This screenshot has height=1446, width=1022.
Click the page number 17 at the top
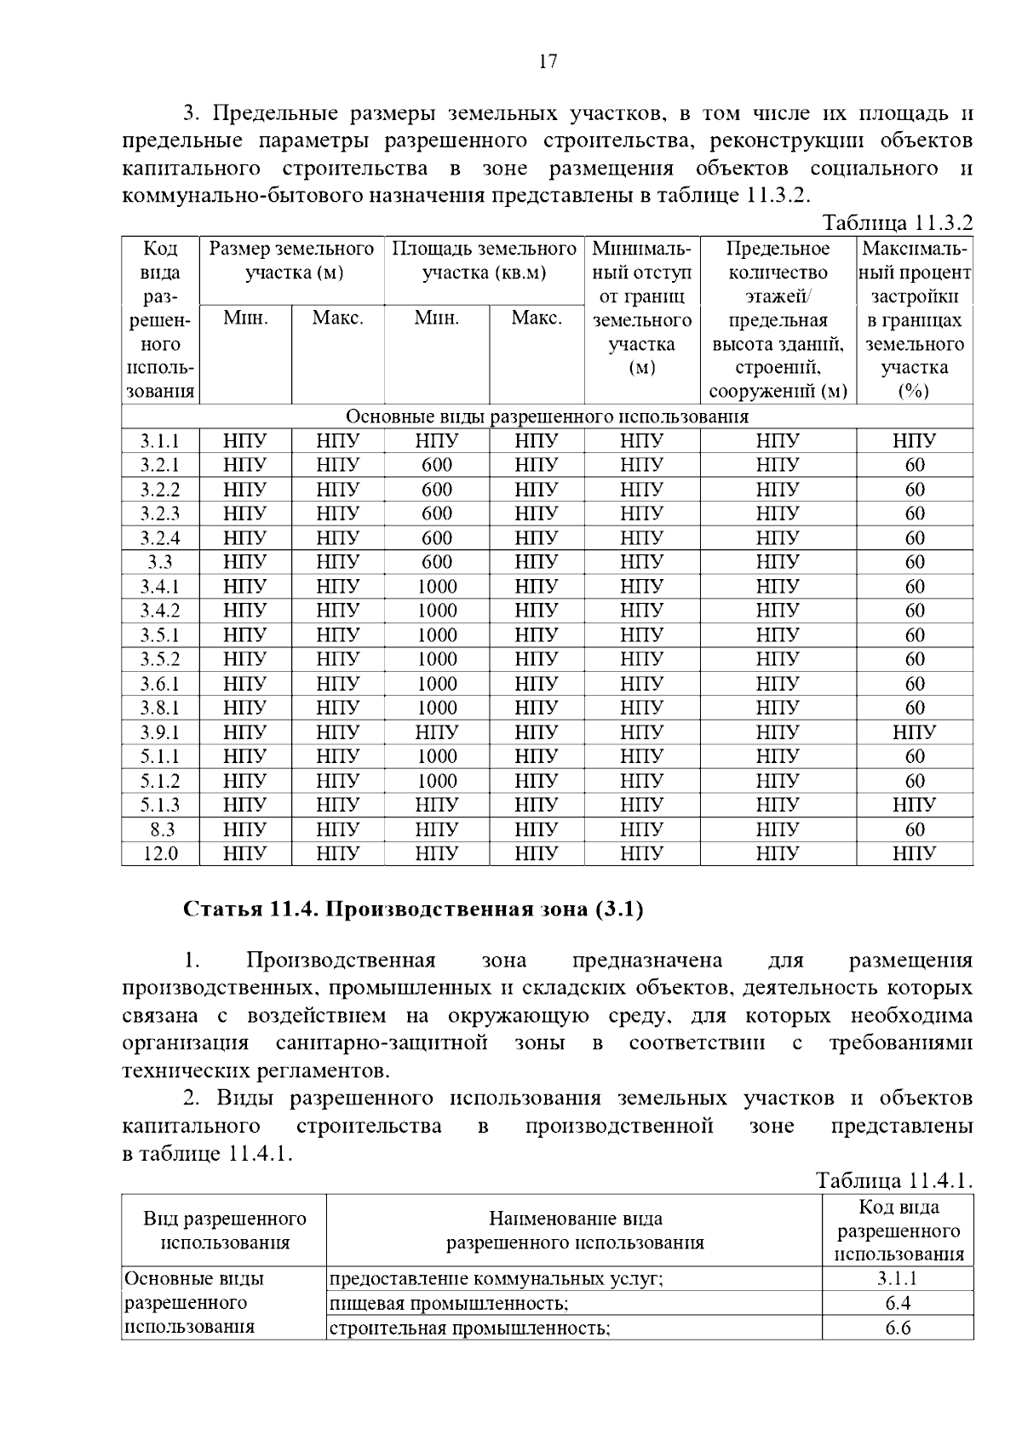[x=548, y=61]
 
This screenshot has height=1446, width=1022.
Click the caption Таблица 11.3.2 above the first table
[x=897, y=223]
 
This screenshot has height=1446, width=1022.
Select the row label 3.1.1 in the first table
[x=160, y=441]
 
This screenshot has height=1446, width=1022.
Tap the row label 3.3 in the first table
[x=160, y=562]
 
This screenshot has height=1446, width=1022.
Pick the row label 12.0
[x=160, y=853]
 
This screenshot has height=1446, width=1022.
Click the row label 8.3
[x=160, y=829]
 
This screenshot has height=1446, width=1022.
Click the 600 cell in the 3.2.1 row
[x=437, y=465]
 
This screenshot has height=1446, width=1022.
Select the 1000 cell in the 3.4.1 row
[x=437, y=587]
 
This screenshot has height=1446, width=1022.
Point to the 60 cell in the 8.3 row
[x=915, y=829]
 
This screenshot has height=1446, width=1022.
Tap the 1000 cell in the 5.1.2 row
[x=437, y=781]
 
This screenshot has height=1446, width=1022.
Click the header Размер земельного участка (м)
[x=292, y=261]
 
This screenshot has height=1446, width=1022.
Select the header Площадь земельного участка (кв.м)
[x=484, y=261]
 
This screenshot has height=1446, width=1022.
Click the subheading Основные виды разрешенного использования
[x=547, y=416]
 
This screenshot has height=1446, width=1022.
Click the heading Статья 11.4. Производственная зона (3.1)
[x=414, y=909]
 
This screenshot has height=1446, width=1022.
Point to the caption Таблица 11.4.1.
[x=894, y=1181]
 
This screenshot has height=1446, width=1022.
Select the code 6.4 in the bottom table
[x=898, y=1303]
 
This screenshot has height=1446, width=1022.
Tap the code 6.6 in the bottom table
[x=898, y=1328]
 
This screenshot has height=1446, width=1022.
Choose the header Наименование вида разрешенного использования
[x=576, y=1231]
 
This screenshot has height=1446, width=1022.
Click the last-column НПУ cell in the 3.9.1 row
[x=915, y=732]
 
